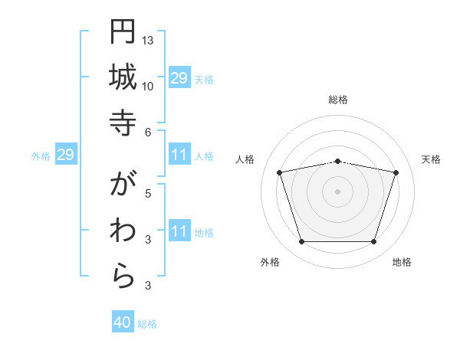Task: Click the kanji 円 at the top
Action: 123,31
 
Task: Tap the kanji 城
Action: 123,77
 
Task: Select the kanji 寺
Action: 123,123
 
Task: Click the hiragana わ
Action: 123,230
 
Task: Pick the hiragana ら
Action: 123,277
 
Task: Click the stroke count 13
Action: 148,40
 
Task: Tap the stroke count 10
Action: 148,86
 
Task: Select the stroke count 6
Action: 148,132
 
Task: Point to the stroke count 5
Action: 148,193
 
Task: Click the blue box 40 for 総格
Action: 123,323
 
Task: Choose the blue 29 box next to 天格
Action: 179,78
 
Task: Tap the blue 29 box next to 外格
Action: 65,155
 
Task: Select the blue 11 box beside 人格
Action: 179,155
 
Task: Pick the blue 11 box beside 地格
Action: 179,232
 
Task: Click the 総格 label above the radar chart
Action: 338,100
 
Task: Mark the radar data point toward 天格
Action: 396,173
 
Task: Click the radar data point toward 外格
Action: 301,242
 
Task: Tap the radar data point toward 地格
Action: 374,242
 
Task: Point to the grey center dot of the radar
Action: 338,191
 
